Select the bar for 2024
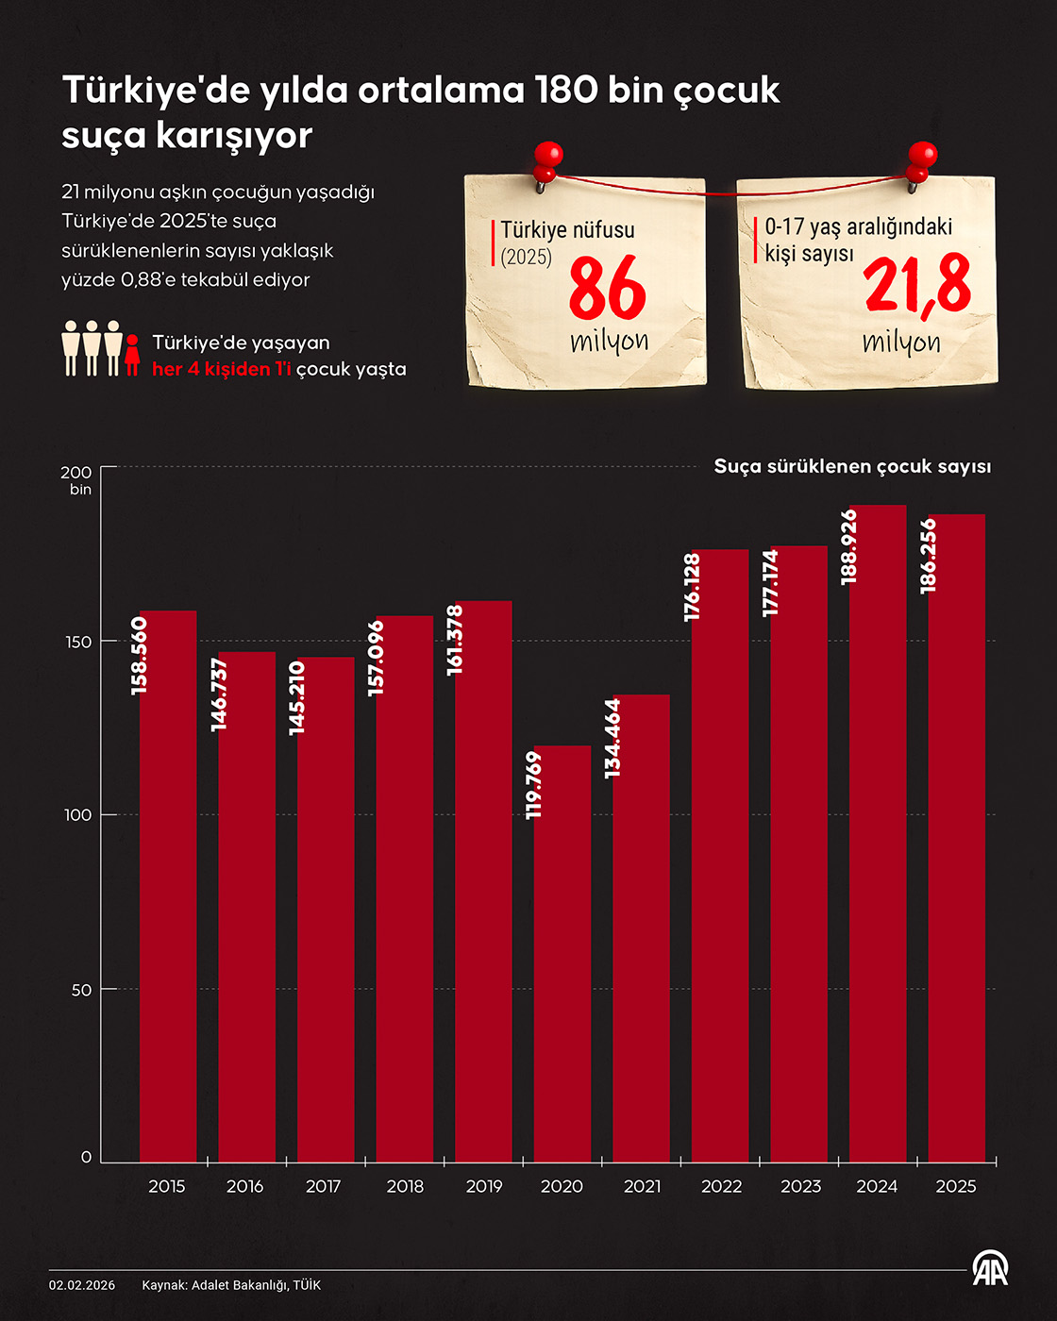coord(877,849)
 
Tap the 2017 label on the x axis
coord(323,1186)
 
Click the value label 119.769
coord(533,784)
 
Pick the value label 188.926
coord(849,546)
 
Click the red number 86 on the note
coord(607,290)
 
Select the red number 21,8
coord(916,284)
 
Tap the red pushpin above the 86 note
coord(547,159)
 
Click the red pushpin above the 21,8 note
coord(921,159)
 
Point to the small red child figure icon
coord(132,355)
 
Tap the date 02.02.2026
coord(82,1285)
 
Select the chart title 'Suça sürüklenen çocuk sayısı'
coord(852,466)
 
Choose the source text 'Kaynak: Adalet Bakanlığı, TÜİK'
coord(231,1285)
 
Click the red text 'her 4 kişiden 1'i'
coord(222,369)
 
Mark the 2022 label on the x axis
coord(721,1186)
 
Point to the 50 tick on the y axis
coord(80,989)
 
